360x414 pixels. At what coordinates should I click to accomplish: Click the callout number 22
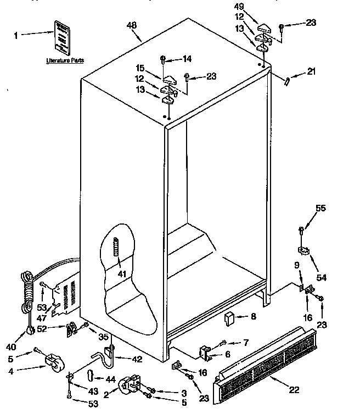coord(294,390)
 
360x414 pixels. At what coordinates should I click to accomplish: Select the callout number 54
coord(320,278)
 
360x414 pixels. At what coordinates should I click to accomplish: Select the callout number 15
coord(140,68)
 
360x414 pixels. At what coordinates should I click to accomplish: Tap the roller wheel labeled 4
coord(52,362)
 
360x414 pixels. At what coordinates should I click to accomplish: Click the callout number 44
coord(111,379)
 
